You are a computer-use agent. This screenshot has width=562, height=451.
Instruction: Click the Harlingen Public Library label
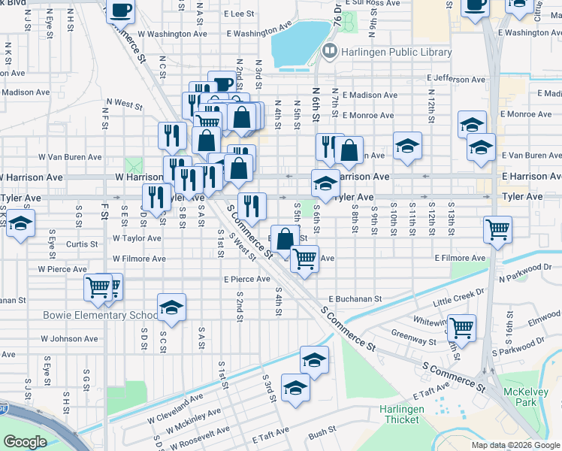click(x=397, y=52)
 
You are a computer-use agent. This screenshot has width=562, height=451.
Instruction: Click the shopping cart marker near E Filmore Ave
click(x=304, y=258)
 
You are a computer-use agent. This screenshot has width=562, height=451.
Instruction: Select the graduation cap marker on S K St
click(x=20, y=223)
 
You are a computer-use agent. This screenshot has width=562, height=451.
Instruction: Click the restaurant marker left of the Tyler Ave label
click(x=156, y=197)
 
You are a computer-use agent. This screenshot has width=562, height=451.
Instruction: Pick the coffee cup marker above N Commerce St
click(x=120, y=10)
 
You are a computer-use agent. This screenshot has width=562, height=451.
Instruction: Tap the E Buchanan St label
click(x=355, y=299)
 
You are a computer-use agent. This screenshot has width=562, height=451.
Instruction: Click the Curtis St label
click(x=82, y=244)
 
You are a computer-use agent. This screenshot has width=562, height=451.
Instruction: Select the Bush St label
click(x=321, y=433)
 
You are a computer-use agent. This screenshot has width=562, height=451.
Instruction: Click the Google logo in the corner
click(x=25, y=441)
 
